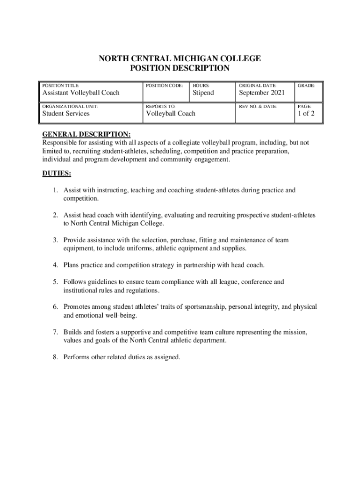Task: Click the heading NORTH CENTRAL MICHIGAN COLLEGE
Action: pyautogui.click(x=180, y=58)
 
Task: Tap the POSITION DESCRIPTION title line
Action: pyautogui.click(x=180, y=69)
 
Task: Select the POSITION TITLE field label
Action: pyautogui.click(x=61, y=86)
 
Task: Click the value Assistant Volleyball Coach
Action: pyautogui.click(x=81, y=93)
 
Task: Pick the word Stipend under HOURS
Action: pyautogui.click(x=203, y=93)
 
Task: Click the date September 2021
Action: pyautogui.click(x=262, y=93)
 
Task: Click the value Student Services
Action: pyautogui.click(x=66, y=114)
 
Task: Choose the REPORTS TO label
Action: pyautogui.click(x=161, y=107)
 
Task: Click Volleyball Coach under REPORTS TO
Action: pyautogui.click(x=171, y=114)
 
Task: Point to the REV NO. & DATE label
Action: pyautogui.click(x=258, y=107)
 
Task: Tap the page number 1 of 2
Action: pyautogui.click(x=306, y=114)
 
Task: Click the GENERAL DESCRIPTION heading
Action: pyautogui.click(x=86, y=134)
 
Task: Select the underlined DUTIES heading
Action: pyautogui.click(x=57, y=174)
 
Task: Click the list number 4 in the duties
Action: pyautogui.click(x=55, y=265)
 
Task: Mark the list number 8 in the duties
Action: pyautogui.click(x=55, y=357)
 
